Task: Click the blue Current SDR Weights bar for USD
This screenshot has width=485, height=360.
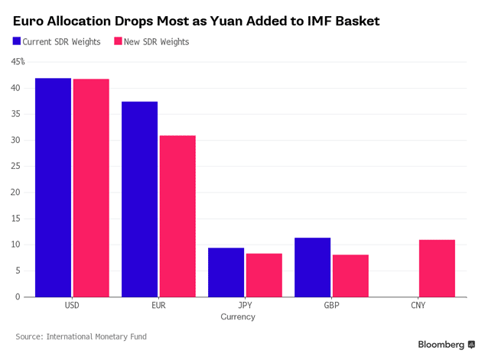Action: (53, 187)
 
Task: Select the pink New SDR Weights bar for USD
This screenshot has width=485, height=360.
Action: (90, 188)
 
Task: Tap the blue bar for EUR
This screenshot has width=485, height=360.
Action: (139, 199)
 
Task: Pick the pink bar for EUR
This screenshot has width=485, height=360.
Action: (177, 216)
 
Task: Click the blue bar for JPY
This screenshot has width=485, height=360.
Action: (226, 272)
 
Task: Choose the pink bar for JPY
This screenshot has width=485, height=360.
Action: (263, 275)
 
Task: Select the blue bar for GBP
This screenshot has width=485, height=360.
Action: (312, 267)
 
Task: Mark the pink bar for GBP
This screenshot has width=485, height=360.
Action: (350, 276)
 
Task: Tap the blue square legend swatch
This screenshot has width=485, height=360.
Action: (17, 41)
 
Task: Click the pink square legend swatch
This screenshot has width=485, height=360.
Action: (118, 41)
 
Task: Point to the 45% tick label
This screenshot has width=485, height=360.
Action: (18, 62)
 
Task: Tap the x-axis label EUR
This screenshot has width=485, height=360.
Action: (158, 305)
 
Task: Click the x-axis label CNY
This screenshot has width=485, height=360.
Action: (418, 305)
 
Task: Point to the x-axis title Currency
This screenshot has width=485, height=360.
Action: (237, 316)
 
